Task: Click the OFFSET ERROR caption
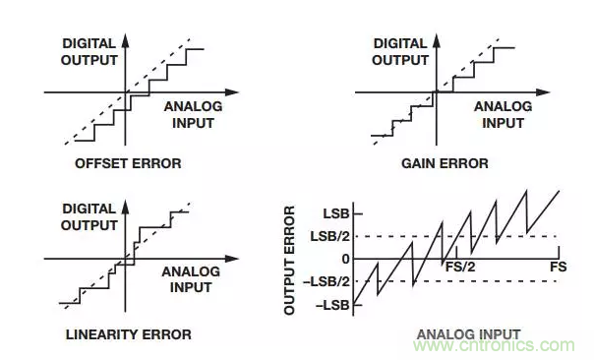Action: coord(128,163)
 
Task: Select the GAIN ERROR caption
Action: coord(445,163)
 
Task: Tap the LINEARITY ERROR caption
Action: coord(129,334)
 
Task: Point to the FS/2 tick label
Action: coord(460,267)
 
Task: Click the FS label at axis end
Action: coord(559,267)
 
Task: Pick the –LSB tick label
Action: coord(332,305)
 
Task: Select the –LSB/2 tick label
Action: coord(327,282)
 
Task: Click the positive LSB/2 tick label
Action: coord(330,237)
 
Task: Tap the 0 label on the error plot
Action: coord(345,260)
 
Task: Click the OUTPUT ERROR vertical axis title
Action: coord(289,260)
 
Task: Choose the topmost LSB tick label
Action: coord(336,213)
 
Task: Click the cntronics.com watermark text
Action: coord(494,345)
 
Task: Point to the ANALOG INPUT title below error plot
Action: coord(468,334)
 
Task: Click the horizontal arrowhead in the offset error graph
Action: coord(232,92)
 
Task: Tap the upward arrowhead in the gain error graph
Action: coord(437,40)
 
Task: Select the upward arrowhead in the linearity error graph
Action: coord(126,207)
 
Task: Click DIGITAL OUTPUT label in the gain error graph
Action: coord(400,52)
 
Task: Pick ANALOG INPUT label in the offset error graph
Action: coord(193,115)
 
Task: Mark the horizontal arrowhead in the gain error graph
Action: coord(543,92)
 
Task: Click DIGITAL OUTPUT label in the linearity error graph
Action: coord(89,217)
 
